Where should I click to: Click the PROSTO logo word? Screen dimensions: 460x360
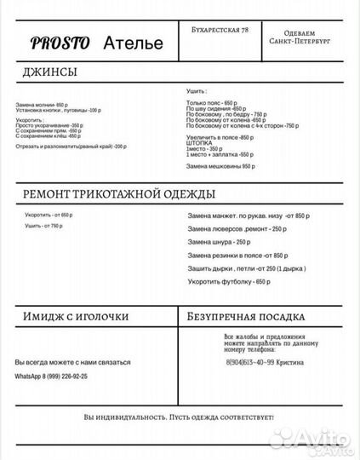[60, 43]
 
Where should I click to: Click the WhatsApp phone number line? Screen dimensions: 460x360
[51, 376]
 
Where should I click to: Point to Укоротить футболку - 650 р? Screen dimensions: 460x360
[229, 281]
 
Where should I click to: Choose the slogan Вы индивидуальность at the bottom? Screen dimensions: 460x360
[179, 417]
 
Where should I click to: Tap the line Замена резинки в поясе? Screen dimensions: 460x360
[237, 256]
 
